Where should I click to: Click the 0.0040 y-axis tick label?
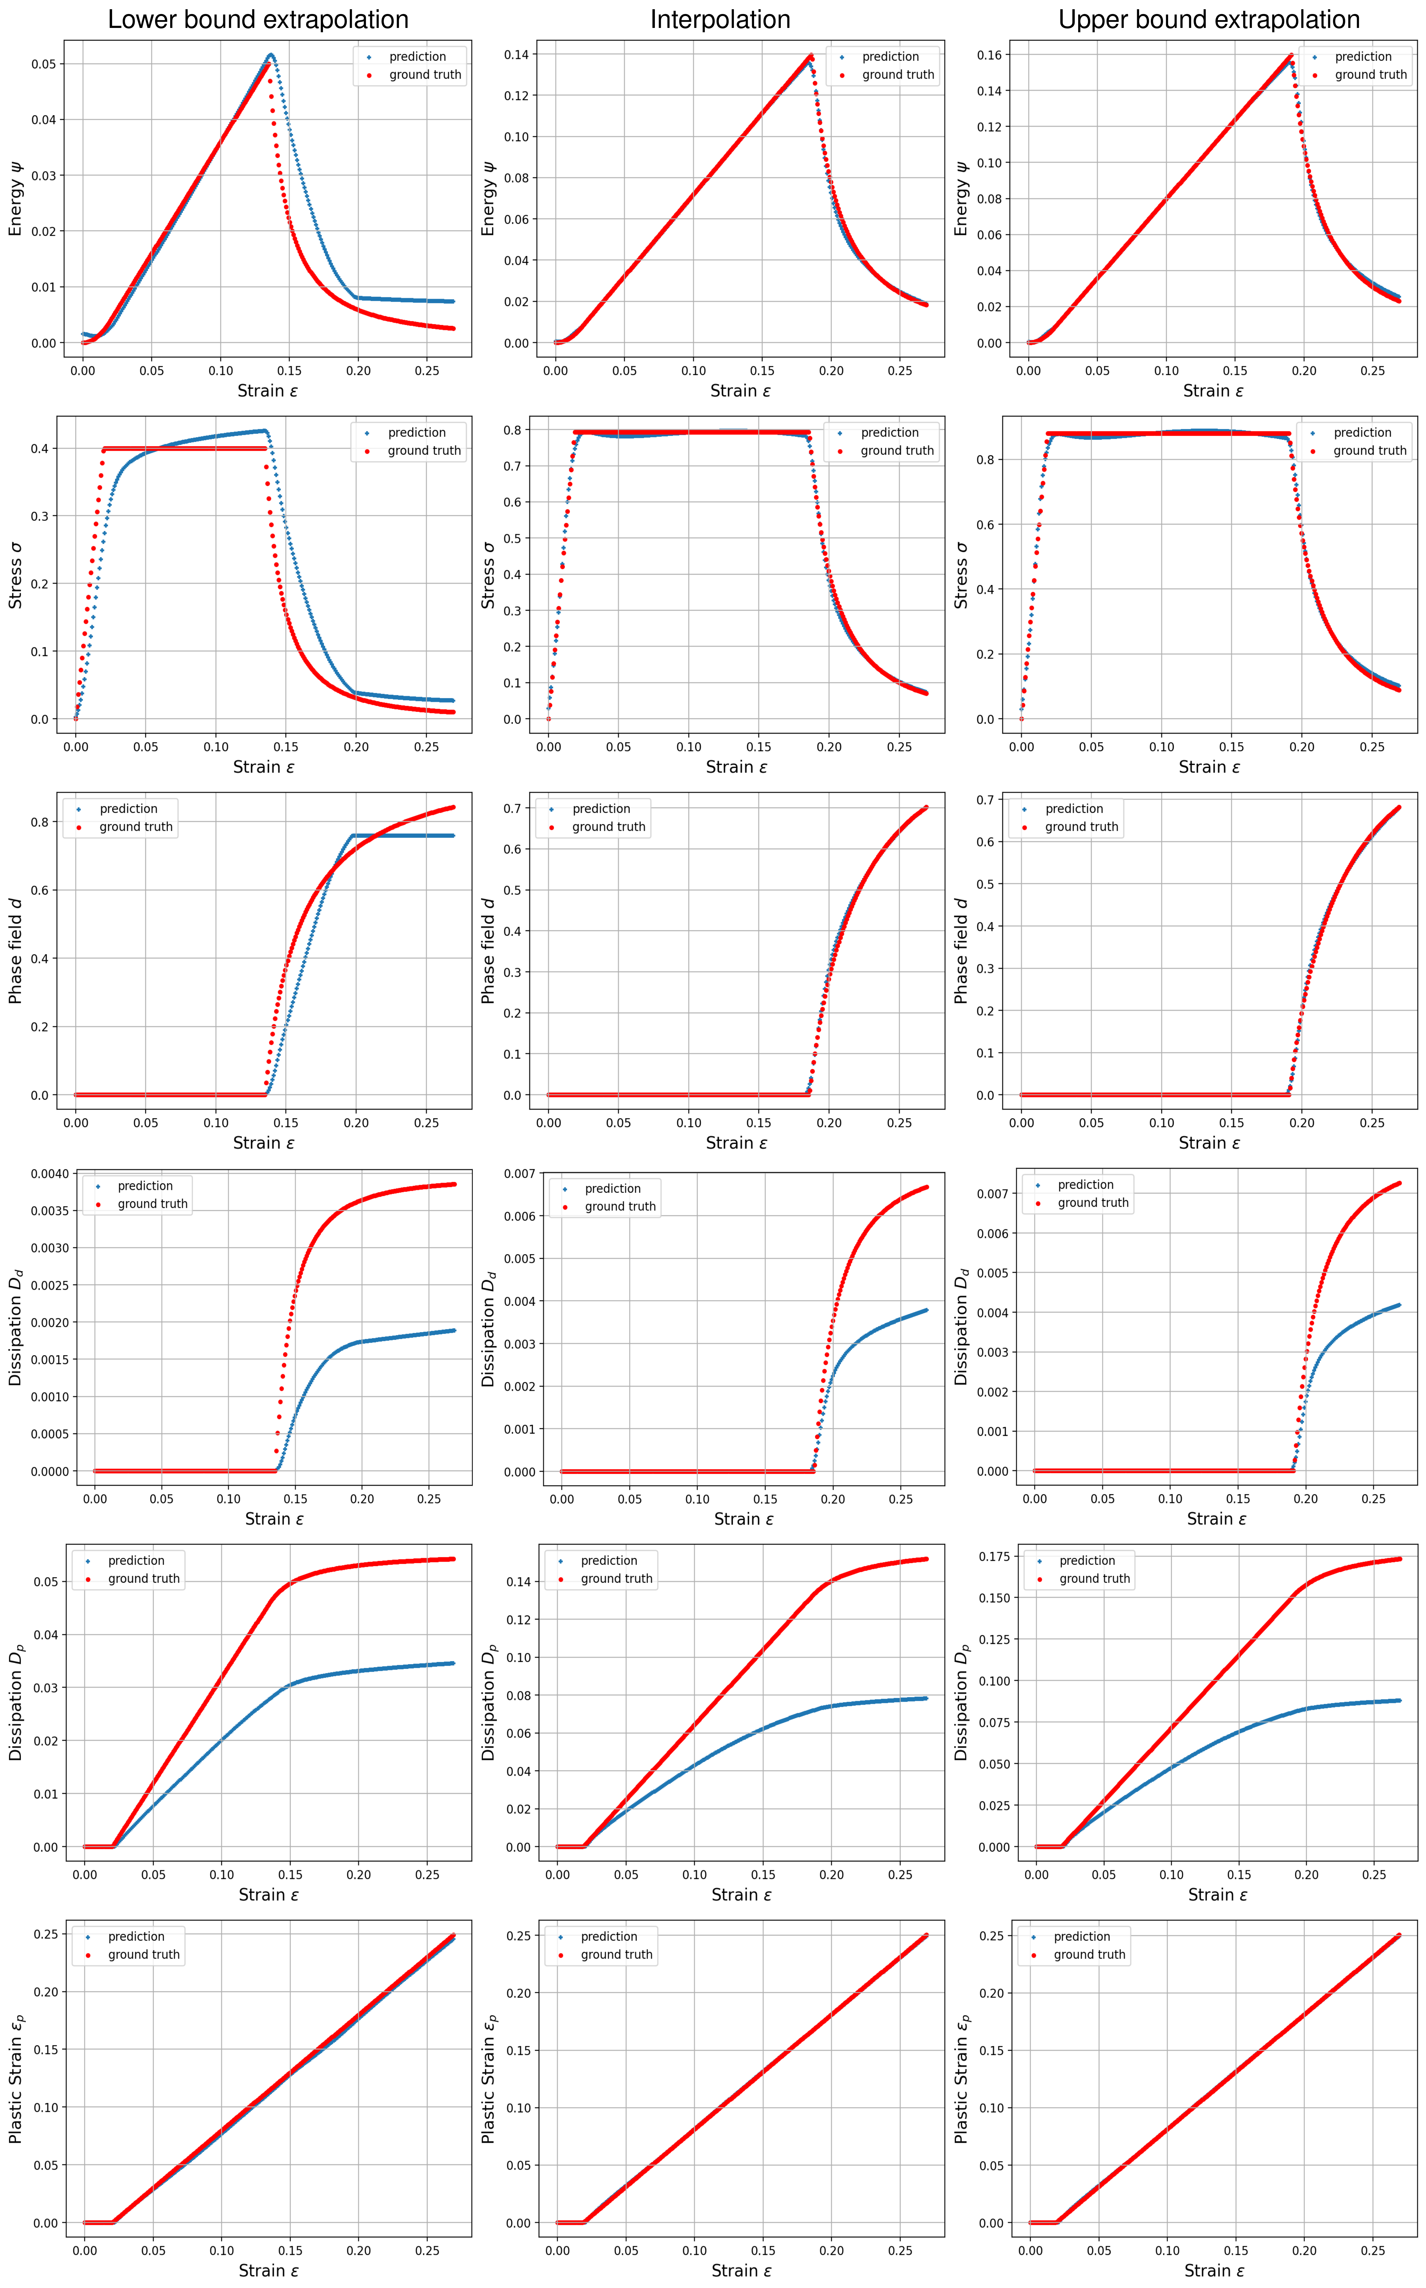pyautogui.click(x=50, y=1174)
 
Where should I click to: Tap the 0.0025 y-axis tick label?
pyautogui.click(x=50, y=1285)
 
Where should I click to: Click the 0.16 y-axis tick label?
pyautogui.click(x=988, y=55)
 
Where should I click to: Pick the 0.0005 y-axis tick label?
pyautogui.click(x=50, y=1434)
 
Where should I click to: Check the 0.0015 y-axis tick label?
pyautogui.click(x=50, y=1359)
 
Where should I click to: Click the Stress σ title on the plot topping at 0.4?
pyautogui.click(x=15, y=574)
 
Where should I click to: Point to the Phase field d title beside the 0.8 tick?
pyautogui.click(x=15, y=950)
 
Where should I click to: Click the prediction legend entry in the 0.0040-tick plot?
pyautogui.click(x=144, y=1186)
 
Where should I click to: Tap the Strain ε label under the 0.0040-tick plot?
pyautogui.click(x=274, y=1519)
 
